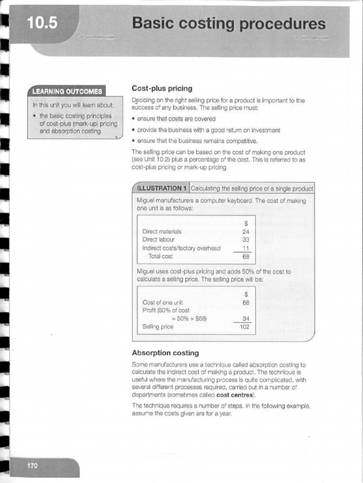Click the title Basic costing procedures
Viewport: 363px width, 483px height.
229,24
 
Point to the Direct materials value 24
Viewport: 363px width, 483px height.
246,232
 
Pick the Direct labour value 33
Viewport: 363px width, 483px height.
246,240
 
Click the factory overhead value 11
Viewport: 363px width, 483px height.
246,248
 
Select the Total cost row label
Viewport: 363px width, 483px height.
161,257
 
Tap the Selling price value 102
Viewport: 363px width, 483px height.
244,326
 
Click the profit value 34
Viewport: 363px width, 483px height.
245,318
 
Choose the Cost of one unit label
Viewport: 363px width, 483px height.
163,302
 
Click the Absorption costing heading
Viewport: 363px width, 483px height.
165,353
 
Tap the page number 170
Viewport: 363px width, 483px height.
33,466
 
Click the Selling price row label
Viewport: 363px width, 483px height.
157,326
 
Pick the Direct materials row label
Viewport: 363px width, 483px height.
162,232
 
